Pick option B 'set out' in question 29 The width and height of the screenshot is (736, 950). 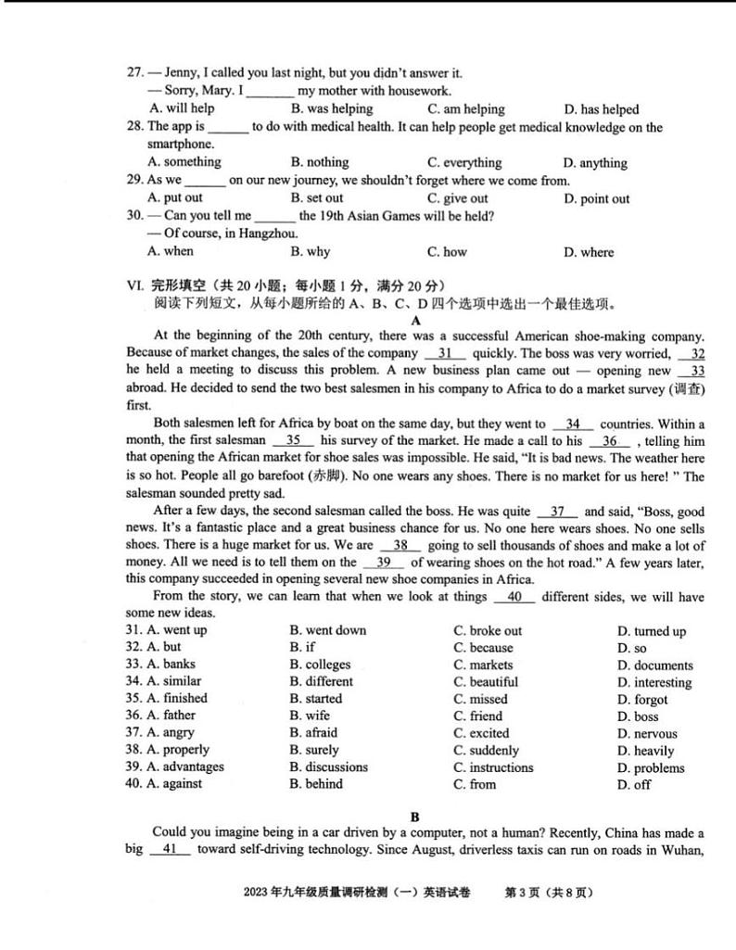point(316,197)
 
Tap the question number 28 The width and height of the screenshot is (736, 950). point(135,127)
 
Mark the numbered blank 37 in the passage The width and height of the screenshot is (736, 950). point(558,512)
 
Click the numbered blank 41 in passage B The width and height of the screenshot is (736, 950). point(169,848)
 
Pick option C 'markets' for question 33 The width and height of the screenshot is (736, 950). point(482,665)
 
